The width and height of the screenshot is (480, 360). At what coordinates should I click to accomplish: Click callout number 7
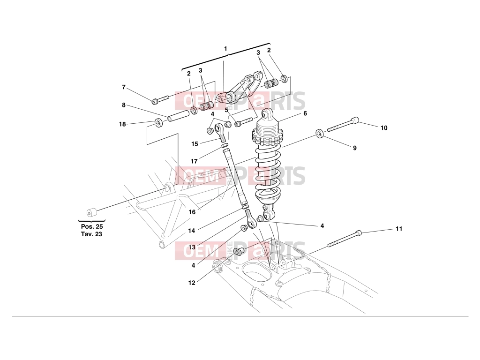click(124, 87)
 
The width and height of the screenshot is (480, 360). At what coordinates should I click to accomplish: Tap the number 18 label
click(122, 124)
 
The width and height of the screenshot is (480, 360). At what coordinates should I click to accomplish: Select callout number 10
click(384, 128)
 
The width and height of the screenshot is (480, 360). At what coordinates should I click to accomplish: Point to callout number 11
click(399, 229)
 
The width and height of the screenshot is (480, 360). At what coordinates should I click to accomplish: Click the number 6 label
click(305, 113)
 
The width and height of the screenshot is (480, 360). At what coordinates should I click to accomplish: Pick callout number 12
click(192, 283)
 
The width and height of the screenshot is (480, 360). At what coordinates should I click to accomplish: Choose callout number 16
click(192, 212)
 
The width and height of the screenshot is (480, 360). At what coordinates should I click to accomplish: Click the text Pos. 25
click(92, 227)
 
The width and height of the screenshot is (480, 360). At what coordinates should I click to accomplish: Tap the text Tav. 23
click(92, 234)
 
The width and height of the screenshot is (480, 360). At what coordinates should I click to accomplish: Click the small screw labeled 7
click(160, 99)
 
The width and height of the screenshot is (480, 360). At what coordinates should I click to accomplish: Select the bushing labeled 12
click(239, 252)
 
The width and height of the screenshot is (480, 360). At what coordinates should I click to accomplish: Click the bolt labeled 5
click(244, 122)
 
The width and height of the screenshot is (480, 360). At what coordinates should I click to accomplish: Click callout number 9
click(355, 148)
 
